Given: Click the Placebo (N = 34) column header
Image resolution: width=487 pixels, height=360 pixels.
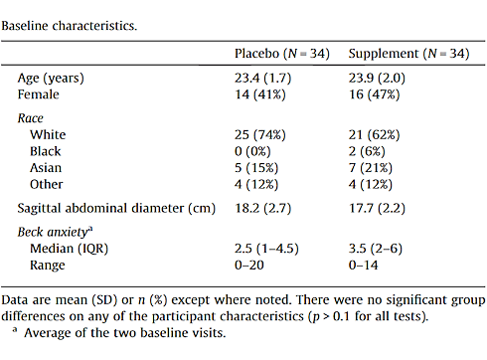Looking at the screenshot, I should point(283,52).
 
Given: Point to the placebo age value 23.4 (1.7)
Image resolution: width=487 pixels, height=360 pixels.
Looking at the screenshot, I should point(263,78).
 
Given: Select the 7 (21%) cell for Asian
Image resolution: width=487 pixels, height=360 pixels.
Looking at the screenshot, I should point(373,168).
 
